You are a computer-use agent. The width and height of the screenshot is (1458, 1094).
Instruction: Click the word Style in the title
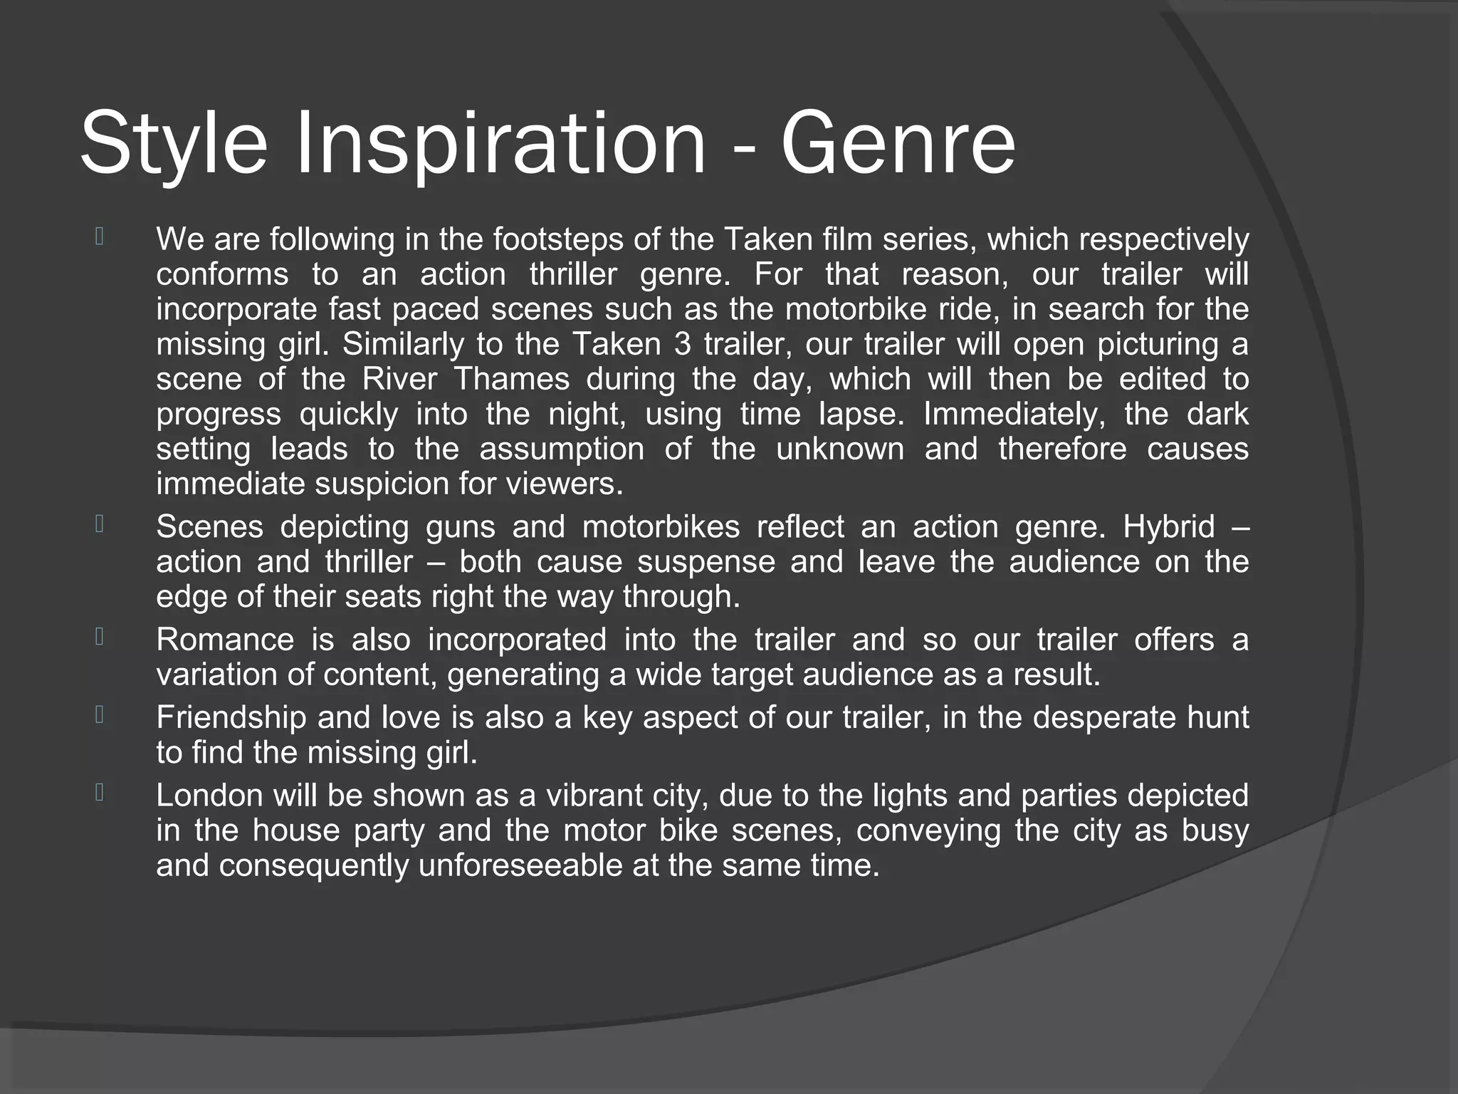click(174, 145)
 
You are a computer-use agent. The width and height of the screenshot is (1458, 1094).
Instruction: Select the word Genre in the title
click(898, 145)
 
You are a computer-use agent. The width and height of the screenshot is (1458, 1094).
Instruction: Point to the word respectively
click(1163, 239)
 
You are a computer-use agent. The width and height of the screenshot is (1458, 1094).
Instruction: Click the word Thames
click(511, 379)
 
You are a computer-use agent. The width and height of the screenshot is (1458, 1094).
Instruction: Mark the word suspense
click(706, 562)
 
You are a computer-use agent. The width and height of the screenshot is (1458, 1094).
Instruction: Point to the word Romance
click(225, 640)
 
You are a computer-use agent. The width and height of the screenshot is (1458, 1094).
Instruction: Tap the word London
click(209, 796)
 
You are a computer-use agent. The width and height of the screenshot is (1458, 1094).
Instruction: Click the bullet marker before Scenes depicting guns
click(99, 525)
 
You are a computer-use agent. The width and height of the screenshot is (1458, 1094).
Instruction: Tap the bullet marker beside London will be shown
click(99, 793)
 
